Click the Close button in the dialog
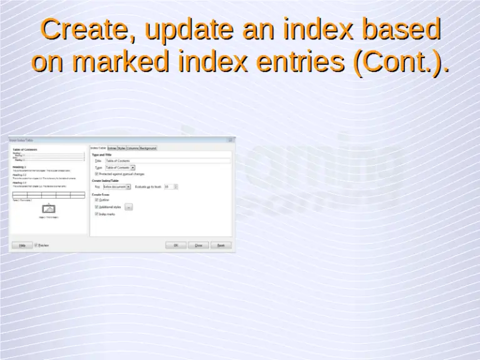coord(198,245)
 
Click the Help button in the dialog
coord(22,245)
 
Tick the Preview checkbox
coord(36,245)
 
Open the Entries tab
coord(112,148)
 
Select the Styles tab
coord(121,148)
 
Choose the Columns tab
coord(132,148)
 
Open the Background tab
coord(148,148)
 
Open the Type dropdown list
coord(133,167)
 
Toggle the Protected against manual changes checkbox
coord(96,174)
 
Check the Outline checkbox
coord(96,200)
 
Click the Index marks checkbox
coord(96,213)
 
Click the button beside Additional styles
coord(129,206)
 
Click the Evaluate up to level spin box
coord(170,186)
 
